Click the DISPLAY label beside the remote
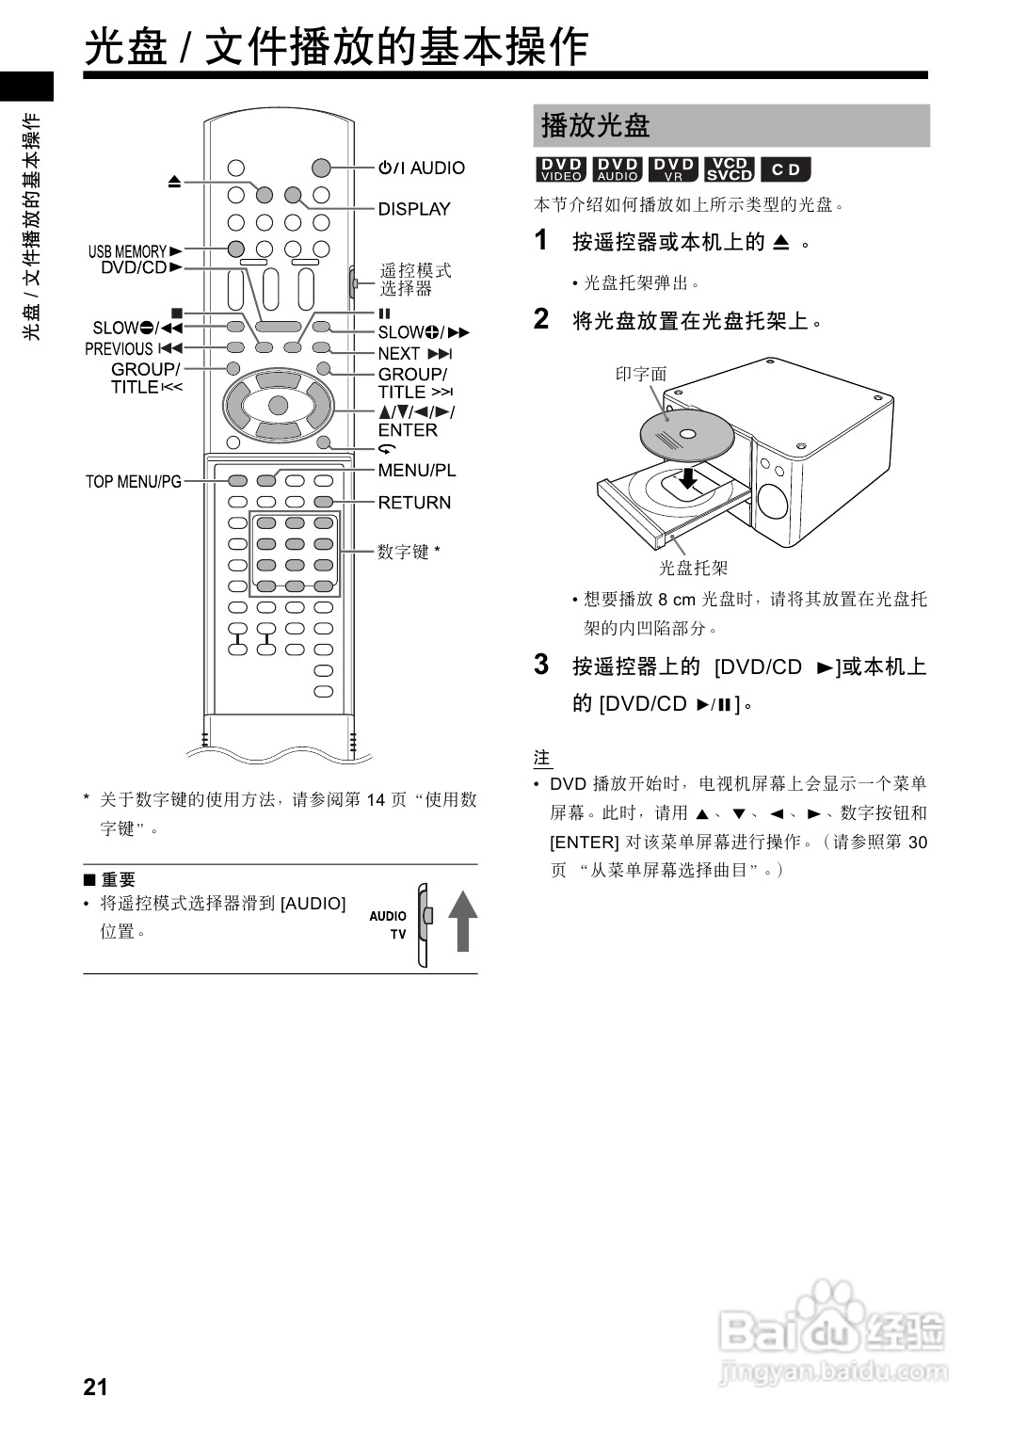pyautogui.click(x=413, y=209)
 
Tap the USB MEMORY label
pyautogui.click(x=127, y=251)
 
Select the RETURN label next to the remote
pyautogui.click(x=414, y=503)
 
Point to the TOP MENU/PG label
pyautogui.click(x=133, y=482)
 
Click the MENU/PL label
pyautogui.click(x=416, y=471)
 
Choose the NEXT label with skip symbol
pyautogui.click(x=414, y=354)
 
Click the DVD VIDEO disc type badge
pyautogui.click(x=561, y=169)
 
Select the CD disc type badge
pyautogui.click(x=785, y=169)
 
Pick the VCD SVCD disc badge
pyautogui.click(x=730, y=169)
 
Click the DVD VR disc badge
pyautogui.click(x=673, y=169)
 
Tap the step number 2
pyautogui.click(x=541, y=319)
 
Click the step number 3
pyautogui.click(x=541, y=665)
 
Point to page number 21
pyautogui.click(x=95, y=1387)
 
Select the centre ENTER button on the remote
pyautogui.click(x=278, y=406)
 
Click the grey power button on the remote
pyautogui.click(x=321, y=169)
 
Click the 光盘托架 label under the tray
pyautogui.click(x=693, y=568)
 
